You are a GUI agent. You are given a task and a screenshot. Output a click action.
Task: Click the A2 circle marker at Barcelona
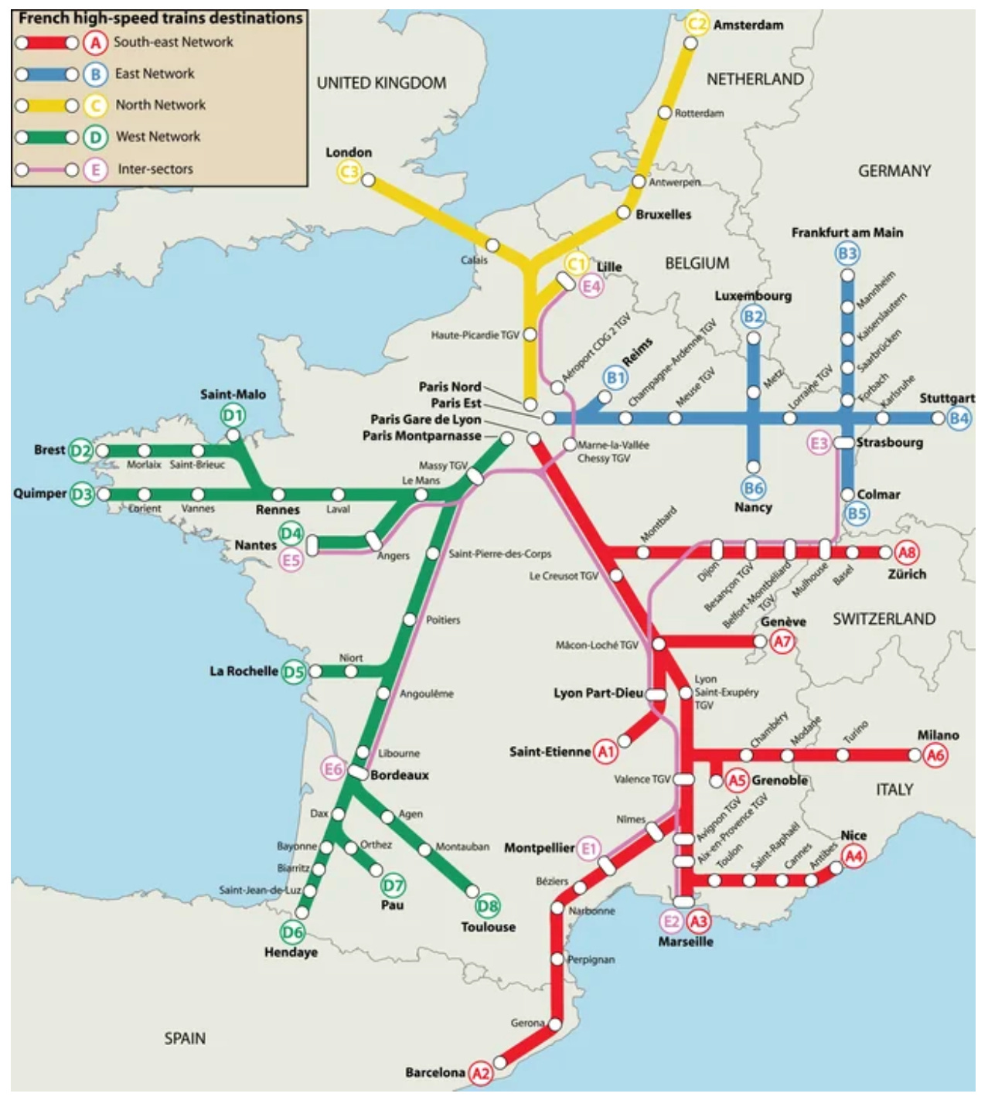(481, 1073)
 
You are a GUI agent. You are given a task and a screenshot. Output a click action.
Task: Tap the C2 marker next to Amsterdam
(697, 25)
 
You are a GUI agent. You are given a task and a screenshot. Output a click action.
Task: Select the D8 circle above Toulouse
(488, 906)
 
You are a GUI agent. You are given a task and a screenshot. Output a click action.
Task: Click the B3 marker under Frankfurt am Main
(847, 254)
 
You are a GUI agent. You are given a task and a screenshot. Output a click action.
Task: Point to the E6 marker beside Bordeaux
(333, 769)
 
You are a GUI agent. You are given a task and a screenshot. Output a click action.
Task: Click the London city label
(349, 152)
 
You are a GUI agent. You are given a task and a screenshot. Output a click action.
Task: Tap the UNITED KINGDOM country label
(381, 83)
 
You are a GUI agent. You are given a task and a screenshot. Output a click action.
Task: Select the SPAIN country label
(185, 1038)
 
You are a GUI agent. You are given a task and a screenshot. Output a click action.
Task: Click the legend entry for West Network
(158, 137)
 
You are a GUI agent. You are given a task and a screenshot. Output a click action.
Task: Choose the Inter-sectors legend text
(155, 169)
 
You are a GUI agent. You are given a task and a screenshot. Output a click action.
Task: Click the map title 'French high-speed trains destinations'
(161, 18)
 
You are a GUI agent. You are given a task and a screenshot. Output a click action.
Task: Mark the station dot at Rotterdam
(664, 113)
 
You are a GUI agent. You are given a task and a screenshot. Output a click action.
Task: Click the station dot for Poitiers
(410, 620)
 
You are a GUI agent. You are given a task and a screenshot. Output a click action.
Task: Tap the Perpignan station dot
(557, 959)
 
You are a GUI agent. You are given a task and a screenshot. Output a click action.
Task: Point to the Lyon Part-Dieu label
(598, 693)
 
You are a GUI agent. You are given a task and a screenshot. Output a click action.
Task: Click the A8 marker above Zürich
(907, 553)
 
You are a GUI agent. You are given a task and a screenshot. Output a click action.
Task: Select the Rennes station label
(278, 510)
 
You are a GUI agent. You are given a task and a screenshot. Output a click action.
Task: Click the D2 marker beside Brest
(81, 451)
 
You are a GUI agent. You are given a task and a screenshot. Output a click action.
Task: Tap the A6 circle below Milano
(935, 755)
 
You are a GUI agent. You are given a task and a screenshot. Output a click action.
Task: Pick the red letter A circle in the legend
(95, 43)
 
